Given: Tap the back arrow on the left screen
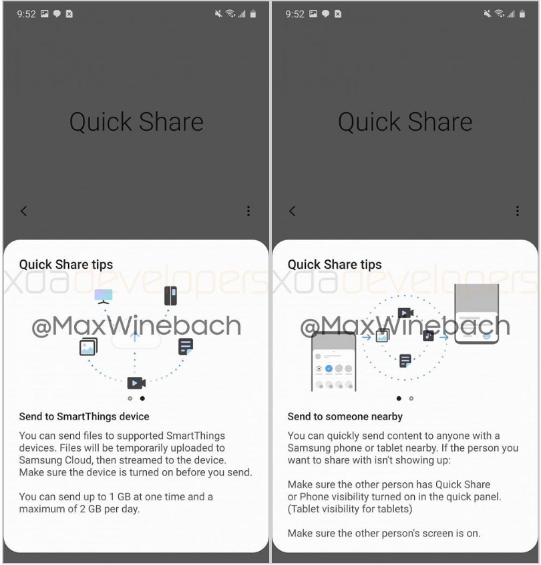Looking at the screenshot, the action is (x=24, y=211).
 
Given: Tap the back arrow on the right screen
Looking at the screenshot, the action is (x=293, y=211).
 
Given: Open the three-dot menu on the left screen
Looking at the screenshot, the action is (x=248, y=211).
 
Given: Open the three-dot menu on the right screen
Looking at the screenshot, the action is (x=518, y=211).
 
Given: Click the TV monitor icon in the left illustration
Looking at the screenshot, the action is (x=104, y=296).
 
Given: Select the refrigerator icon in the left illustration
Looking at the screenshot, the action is (x=170, y=296).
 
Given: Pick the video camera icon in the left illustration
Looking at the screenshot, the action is (x=136, y=383).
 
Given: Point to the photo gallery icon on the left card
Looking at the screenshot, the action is (x=88, y=347).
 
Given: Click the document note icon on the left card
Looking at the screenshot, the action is (x=186, y=347).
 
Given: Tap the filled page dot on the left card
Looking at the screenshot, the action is (x=142, y=398).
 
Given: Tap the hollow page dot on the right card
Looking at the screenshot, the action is (x=411, y=398).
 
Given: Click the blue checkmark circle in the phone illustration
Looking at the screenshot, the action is (x=329, y=369).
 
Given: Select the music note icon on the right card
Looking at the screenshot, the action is (x=428, y=336).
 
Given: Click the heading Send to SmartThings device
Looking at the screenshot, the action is (x=84, y=416).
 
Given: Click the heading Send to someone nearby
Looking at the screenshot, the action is (x=345, y=416).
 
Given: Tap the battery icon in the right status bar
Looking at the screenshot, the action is (x=522, y=14).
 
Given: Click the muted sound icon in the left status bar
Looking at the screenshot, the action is (x=218, y=14).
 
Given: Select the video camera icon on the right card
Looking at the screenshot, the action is (x=405, y=313).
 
